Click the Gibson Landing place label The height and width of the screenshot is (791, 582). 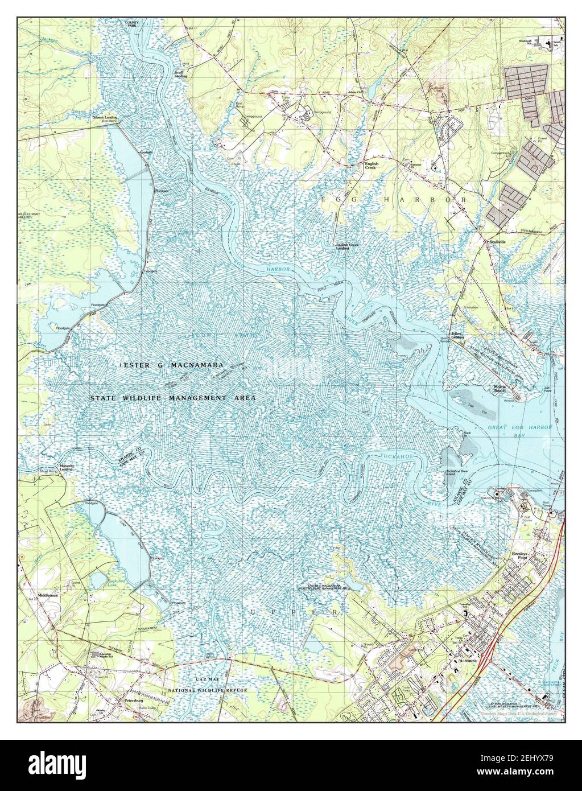105,117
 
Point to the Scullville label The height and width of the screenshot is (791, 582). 494,241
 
